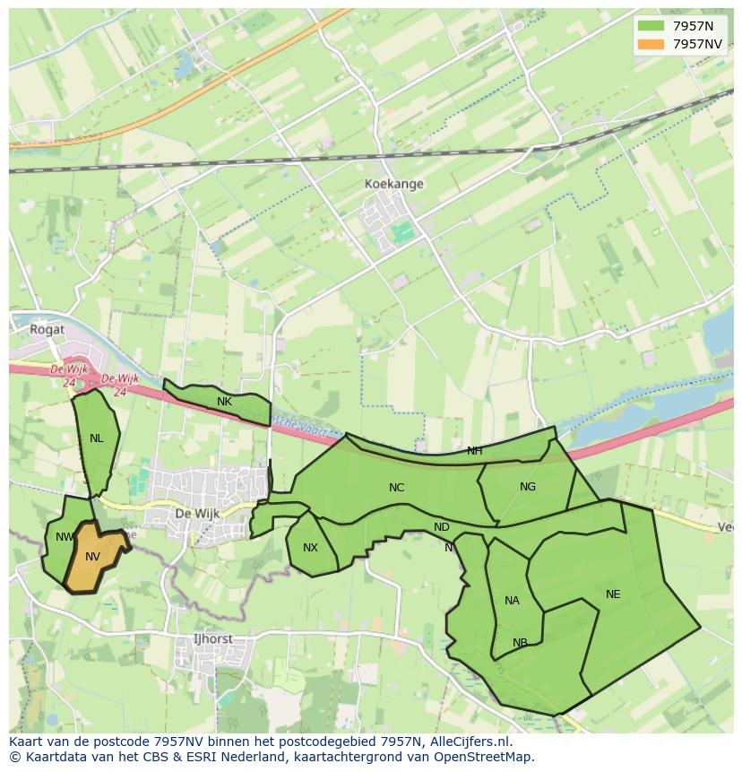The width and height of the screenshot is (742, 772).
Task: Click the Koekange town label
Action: [x=393, y=184]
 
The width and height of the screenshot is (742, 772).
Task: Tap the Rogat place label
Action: [x=47, y=329]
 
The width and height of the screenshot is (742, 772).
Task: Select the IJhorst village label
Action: [x=212, y=639]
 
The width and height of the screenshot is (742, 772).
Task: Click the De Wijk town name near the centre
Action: [x=196, y=514]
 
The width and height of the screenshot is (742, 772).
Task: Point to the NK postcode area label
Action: [x=224, y=402]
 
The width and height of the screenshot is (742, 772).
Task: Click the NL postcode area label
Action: [x=96, y=438]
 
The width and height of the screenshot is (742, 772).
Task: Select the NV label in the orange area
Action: [x=92, y=557]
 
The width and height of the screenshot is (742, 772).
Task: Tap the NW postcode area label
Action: [x=65, y=537]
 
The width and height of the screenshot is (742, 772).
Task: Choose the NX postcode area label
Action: [x=310, y=548]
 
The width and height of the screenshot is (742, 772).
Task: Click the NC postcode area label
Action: [x=396, y=488]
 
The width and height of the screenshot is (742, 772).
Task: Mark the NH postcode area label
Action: [x=474, y=451]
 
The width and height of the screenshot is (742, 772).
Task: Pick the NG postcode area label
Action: [x=527, y=487]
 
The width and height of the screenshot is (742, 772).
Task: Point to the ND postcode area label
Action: [x=441, y=527]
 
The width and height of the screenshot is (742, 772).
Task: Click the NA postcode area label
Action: [x=512, y=601]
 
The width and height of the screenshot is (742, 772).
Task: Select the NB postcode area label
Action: [x=520, y=643]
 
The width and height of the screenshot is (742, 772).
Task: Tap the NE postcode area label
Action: [x=612, y=594]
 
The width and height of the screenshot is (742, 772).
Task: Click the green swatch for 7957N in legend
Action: [x=651, y=27]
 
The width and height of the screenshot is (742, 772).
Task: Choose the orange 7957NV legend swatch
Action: [x=651, y=44]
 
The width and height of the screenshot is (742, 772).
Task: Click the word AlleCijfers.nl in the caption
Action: [x=467, y=742]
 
